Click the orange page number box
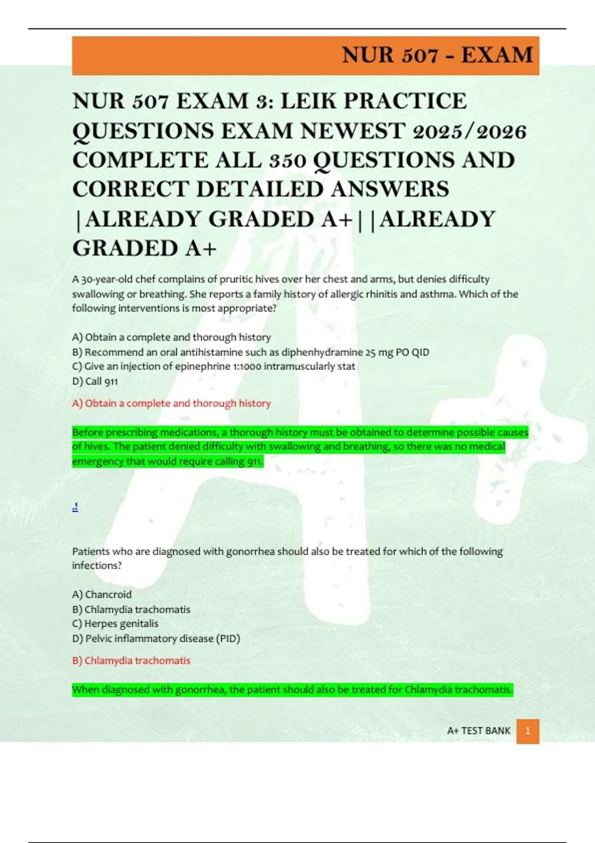click(x=528, y=731)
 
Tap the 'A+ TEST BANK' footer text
click(x=478, y=731)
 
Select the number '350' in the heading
click(x=288, y=160)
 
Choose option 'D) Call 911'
click(x=95, y=381)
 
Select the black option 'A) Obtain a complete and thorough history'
click(x=172, y=337)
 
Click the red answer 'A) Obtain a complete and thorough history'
click(x=172, y=403)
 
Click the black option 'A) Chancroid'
click(x=102, y=594)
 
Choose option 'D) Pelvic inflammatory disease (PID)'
click(x=156, y=638)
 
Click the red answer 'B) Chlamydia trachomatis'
click(x=131, y=661)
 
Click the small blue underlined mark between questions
click(x=75, y=507)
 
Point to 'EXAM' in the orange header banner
click(x=497, y=55)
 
